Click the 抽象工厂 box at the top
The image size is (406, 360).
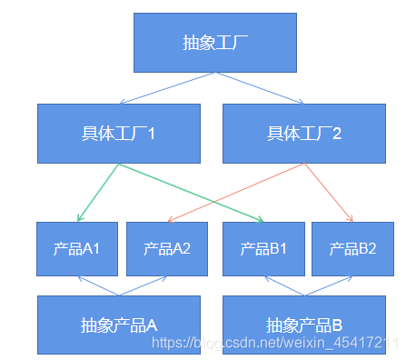click(x=214, y=42)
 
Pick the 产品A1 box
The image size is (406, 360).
click(x=77, y=248)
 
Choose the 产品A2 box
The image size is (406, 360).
click(x=167, y=248)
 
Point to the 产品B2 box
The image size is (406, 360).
click(x=352, y=248)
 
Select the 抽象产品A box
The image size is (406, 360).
click(x=119, y=325)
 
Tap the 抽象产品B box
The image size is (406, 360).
click(x=304, y=325)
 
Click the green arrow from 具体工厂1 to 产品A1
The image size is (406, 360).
click(x=99, y=192)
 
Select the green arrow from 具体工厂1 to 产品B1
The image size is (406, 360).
click(x=191, y=192)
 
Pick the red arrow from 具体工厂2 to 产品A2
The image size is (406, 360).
click(x=236, y=192)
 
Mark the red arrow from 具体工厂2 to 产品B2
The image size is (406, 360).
click(x=329, y=192)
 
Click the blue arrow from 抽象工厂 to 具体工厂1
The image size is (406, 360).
click(x=167, y=88)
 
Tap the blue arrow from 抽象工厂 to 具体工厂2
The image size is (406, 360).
click(x=260, y=88)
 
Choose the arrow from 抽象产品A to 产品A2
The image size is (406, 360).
click(x=144, y=285)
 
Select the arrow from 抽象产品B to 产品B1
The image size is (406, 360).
click(x=282, y=286)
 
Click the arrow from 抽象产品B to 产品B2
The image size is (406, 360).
click(x=329, y=285)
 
